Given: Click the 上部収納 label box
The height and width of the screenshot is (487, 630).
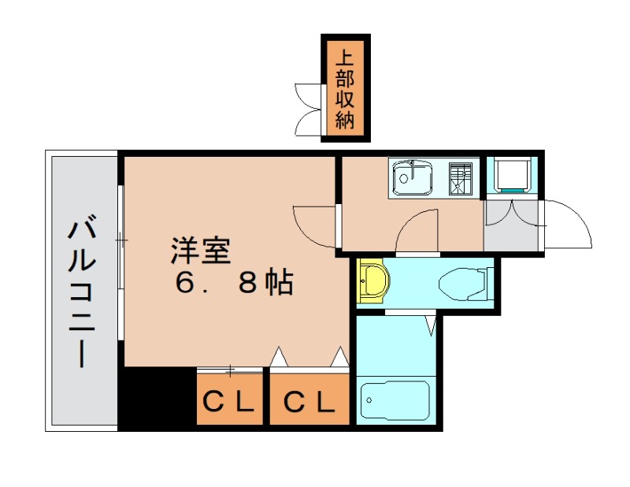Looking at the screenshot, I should (346, 88).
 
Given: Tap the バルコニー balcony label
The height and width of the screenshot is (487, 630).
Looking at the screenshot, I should (81, 292).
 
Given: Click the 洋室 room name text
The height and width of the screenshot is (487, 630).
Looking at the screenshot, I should (201, 251).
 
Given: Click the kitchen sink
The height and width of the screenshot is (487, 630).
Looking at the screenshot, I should (410, 179).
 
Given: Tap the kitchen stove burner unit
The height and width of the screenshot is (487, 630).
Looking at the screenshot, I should (460, 178).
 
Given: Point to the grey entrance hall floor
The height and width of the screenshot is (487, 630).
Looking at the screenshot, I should (511, 227).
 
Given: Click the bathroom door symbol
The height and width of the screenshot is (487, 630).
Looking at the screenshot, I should (431, 324).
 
